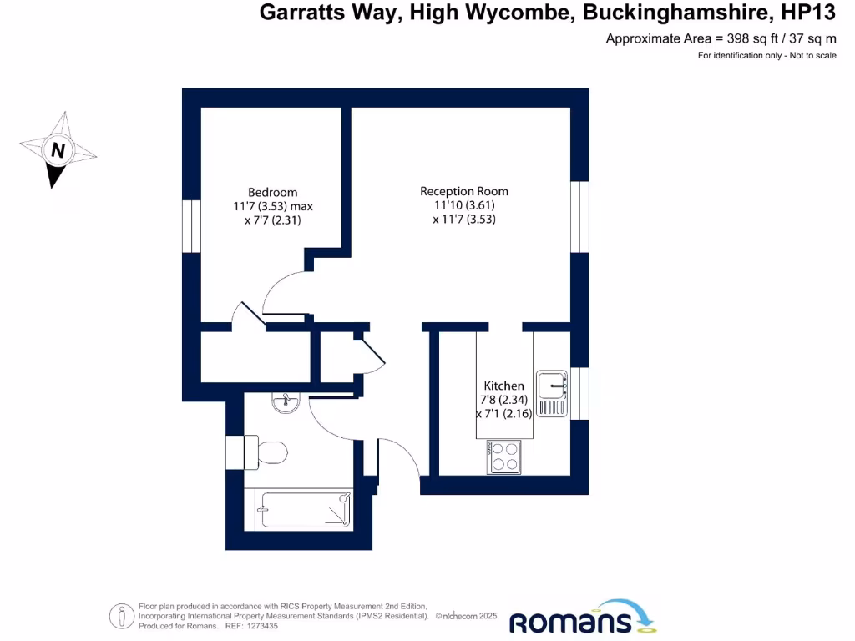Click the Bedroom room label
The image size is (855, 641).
pos(272,192)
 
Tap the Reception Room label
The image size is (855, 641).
pos(463,191)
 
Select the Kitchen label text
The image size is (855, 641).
pos(504,386)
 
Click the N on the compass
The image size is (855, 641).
pos(58,151)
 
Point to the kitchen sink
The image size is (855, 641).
pos(553,393)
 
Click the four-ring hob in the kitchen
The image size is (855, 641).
pos(504,457)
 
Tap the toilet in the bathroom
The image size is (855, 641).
pos(267,452)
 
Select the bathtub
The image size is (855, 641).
pos(304,509)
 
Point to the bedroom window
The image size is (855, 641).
pos(191,225)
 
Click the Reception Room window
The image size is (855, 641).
pos(579,216)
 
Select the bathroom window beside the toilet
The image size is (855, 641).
pos(235,452)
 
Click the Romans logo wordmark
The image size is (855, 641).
pos(571,622)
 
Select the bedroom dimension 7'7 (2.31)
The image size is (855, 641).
pos(266,221)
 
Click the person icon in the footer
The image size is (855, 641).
pos(123,616)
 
